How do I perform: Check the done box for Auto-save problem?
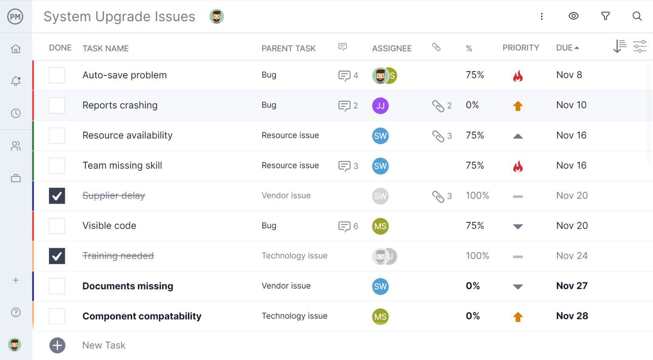57,75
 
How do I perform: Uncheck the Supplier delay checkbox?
57,196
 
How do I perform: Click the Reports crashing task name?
120,105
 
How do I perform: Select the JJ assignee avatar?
380,106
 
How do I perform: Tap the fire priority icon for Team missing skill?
517,166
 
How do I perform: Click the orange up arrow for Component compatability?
517,317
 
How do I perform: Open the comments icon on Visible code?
344,227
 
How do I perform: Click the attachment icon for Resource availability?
438,136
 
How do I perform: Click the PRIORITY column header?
520,48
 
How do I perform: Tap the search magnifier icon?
636,16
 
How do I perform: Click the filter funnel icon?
605,16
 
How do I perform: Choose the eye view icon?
574,16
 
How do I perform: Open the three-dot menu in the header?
542,16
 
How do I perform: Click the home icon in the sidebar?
16,49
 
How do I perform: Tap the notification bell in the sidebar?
16,81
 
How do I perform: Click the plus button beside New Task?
57,346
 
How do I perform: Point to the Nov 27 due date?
571,286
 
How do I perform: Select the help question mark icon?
16,312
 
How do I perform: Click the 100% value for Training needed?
477,256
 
